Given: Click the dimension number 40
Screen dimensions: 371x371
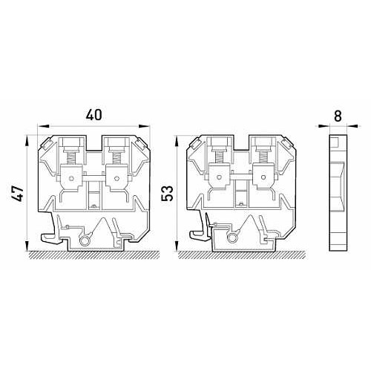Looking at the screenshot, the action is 93,115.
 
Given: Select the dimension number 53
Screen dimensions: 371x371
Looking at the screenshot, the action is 167,194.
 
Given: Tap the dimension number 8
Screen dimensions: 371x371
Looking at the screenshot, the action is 338,116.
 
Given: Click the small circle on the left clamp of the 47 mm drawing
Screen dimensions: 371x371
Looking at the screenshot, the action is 71,178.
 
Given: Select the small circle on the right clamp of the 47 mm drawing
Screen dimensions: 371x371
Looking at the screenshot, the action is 116,178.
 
